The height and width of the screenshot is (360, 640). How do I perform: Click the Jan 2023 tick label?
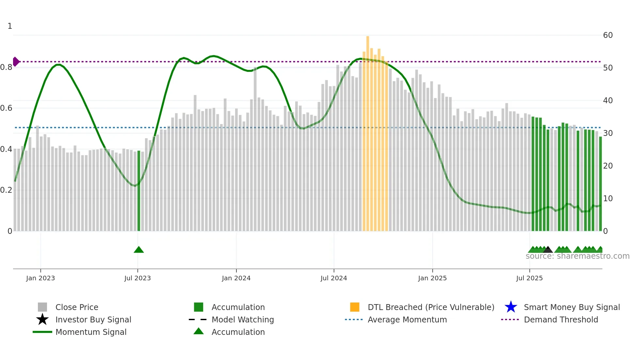[40, 278]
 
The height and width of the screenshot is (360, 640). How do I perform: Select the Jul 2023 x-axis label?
[137, 278]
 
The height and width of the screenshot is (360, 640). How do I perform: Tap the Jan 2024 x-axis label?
[236, 278]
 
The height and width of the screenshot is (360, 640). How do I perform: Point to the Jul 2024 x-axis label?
[334, 278]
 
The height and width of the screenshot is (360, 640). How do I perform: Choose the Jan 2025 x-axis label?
[432, 278]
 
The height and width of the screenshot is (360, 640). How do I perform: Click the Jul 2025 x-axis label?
[529, 278]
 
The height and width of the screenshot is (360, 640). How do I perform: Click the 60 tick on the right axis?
[608, 35]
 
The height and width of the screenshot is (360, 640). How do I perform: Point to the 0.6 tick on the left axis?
[6, 108]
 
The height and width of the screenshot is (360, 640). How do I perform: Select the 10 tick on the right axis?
[608, 199]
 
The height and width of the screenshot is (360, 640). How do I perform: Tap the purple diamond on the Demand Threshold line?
[16, 61]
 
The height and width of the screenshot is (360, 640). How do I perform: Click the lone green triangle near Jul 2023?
[139, 250]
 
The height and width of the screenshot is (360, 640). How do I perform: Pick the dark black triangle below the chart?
[548, 250]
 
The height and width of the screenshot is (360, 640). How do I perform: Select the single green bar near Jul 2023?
[139, 191]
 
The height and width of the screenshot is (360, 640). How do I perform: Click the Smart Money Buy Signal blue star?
[511, 307]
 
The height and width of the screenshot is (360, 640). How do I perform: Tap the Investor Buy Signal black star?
[42, 319]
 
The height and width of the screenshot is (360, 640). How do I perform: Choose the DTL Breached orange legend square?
[355, 307]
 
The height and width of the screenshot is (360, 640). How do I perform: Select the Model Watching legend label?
[243, 319]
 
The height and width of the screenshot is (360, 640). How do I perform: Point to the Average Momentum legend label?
[407, 319]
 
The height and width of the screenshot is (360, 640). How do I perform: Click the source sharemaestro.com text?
[577, 256]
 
